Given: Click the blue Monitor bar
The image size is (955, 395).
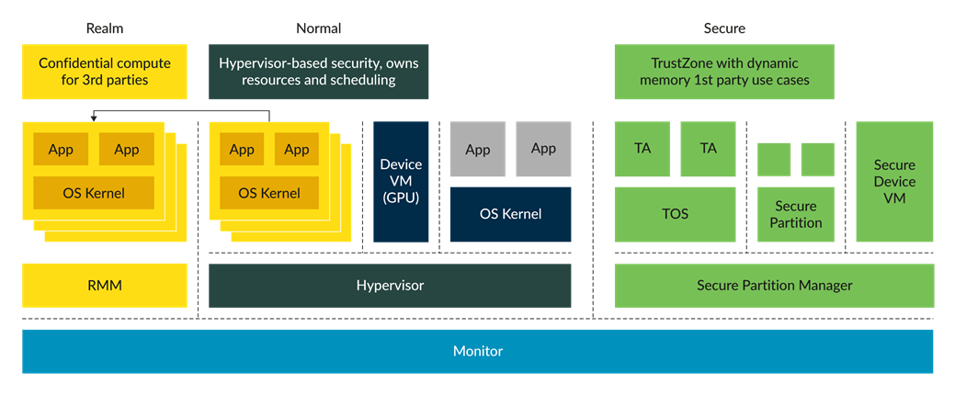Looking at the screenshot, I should pyautogui.click(x=478, y=351).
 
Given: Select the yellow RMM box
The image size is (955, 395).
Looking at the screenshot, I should pyautogui.click(x=104, y=286).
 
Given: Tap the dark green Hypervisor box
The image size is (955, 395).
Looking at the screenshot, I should pyautogui.click(x=390, y=286).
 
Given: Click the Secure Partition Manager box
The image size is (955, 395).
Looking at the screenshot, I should pyautogui.click(x=774, y=286).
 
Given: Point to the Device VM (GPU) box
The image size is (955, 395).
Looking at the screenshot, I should pyautogui.click(x=401, y=181).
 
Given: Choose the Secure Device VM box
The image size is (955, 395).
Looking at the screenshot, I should pyautogui.click(x=894, y=181).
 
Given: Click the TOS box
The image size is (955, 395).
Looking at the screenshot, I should pyautogui.click(x=675, y=214).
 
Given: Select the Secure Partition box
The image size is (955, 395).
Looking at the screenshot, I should pyautogui.click(x=796, y=215).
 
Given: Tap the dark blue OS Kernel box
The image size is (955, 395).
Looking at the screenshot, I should pyautogui.click(x=510, y=214).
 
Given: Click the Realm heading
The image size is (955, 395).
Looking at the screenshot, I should pyautogui.click(x=104, y=28).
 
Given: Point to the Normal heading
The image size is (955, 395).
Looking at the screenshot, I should pyautogui.click(x=318, y=28).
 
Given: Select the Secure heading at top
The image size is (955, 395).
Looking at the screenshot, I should pyautogui.click(x=724, y=28).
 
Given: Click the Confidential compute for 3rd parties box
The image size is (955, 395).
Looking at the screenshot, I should pyautogui.click(x=104, y=72).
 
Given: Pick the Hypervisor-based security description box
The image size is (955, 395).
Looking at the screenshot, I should pyautogui.click(x=318, y=72).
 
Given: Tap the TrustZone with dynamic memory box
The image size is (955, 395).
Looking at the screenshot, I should pyautogui.click(x=723, y=72).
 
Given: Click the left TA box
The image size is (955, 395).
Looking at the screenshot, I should pyautogui.click(x=642, y=148).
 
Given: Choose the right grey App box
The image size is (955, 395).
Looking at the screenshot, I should pyautogui.click(x=543, y=149).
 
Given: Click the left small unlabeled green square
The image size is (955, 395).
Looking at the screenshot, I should pyautogui.click(x=774, y=159).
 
